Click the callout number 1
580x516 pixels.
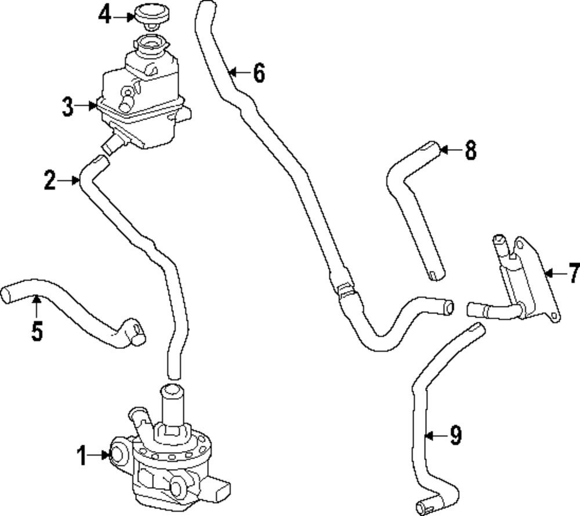(82, 456)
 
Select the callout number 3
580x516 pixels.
(68, 107)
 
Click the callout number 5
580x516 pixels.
(37, 331)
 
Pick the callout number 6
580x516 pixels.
(259, 73)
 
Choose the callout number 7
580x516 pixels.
(574, 272)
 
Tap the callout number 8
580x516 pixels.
(470, 151)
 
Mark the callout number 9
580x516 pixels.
(455, 435)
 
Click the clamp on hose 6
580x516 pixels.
(343, 287)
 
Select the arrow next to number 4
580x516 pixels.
(123, 17)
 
